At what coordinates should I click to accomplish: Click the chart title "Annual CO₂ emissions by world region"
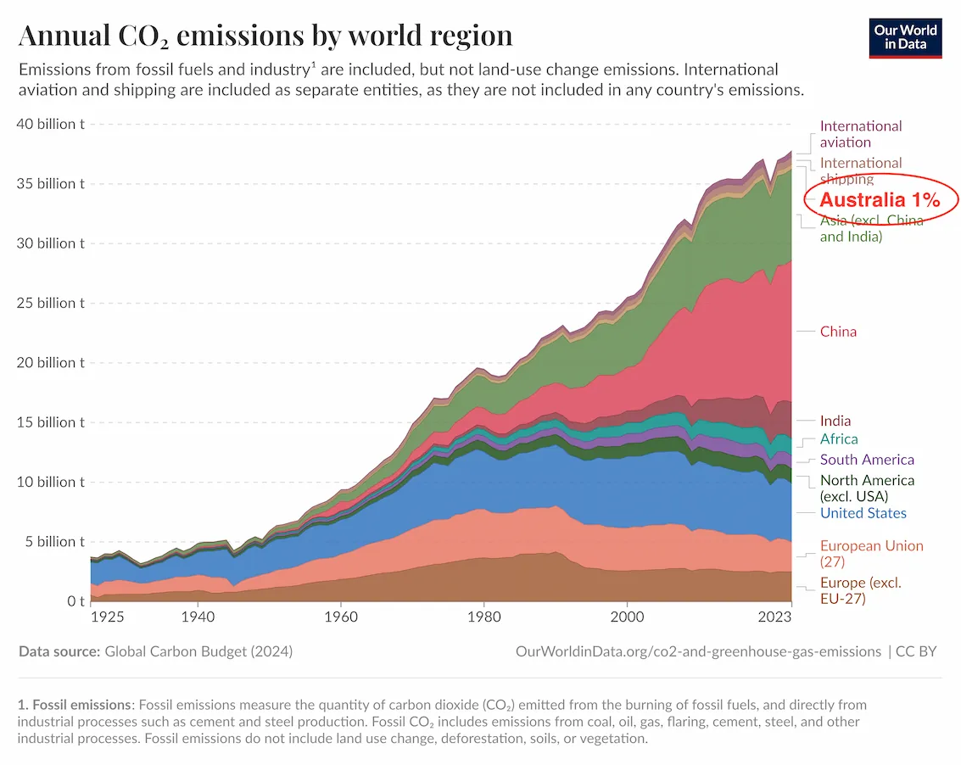(x=265, y=36)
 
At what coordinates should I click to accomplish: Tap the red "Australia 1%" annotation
(x=880, y=200)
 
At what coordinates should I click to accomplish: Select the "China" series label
(x=838, y=332)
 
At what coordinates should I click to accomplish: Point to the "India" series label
(x=835, y=421)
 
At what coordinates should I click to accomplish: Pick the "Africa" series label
(x=839, y=439)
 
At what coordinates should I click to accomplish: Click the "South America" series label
(x=867, y=460)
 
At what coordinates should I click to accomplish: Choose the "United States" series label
(x=863, y=513)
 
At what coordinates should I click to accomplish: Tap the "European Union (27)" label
(x=871, y=554)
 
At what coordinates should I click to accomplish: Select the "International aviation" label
(x=860, y=134)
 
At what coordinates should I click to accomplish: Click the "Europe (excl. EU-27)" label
(x=860, y=590)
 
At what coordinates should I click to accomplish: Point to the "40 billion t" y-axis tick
(x=51, y=124)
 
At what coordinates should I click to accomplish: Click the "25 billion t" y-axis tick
(x=51, y=303)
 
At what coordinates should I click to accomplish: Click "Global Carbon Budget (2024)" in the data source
(x=198, y=651)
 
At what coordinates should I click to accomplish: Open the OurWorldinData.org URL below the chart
(x=697, y=651)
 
